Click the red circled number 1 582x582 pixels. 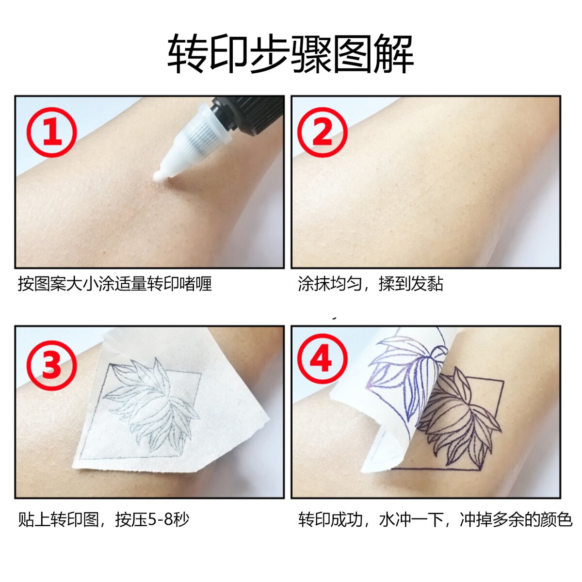tap(51, 132)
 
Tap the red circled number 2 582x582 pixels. tap(322, 132)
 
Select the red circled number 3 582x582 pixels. tap(51, 366)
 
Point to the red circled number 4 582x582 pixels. tap(322, 360)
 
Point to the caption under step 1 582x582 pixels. tap(115, 284)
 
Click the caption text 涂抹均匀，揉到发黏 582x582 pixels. tap(371, 284)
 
